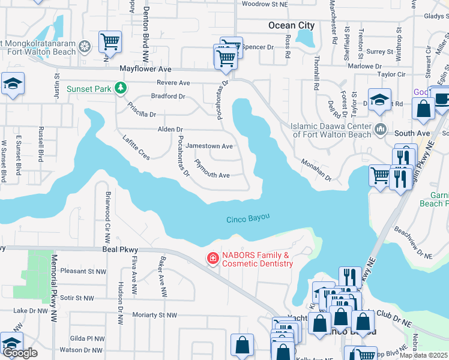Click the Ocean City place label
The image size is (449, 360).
tap(291, 25)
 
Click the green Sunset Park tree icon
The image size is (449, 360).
tap(121, 89)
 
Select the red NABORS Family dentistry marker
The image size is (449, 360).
tap(212, 259)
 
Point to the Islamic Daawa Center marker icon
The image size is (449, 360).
tap(381, 130)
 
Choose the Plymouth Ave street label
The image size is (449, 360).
tap(212, 175)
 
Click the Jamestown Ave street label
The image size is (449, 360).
tap(209, 146)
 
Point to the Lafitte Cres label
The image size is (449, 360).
tap(136, 148)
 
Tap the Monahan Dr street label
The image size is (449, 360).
tap(316, 170)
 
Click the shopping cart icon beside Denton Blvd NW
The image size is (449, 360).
tap(110, 42)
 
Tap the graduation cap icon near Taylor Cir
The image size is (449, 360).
tap(379, 100)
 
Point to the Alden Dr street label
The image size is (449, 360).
tap(170, 130)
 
